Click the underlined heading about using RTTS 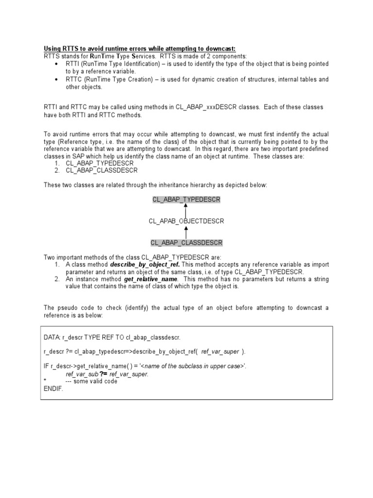pyautogui.click(x=139, y=49)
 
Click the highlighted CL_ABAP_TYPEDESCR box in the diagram pyautogui.click(x=186, y=200)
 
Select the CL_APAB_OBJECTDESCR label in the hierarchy pyautogui.click(x=186, y=221)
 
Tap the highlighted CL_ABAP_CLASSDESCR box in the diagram pyautogui.click(x=186, y=242)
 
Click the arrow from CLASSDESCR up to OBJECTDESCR pyautogui.click(x=186, y=231)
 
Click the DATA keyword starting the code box pyautogui.click(x=52, y=337)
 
